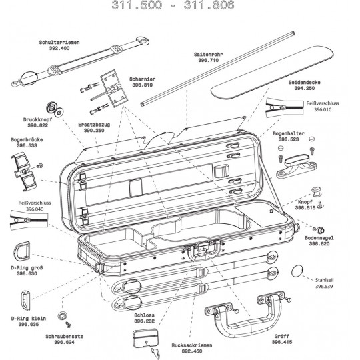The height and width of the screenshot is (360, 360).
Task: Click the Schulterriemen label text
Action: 59,43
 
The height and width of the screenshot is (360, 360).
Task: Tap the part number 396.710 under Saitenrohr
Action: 209,61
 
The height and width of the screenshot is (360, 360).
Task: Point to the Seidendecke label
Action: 305,83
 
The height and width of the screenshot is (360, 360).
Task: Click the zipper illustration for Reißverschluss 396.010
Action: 285,107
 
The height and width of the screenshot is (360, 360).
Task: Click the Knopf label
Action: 305,202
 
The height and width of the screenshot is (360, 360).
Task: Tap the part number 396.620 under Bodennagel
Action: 319,244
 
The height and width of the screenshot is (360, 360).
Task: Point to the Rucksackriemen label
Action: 192,345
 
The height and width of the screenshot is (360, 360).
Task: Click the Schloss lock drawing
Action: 145,339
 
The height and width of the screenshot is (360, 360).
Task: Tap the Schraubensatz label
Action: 64,337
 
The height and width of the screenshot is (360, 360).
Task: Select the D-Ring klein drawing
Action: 25,301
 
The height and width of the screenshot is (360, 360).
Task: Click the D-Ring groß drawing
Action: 22,251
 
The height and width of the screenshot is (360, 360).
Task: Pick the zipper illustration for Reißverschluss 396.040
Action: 29,220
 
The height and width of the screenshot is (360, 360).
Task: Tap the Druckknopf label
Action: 37,119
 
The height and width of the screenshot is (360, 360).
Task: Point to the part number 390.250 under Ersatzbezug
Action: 94,131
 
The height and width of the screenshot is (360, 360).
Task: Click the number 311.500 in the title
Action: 137,5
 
